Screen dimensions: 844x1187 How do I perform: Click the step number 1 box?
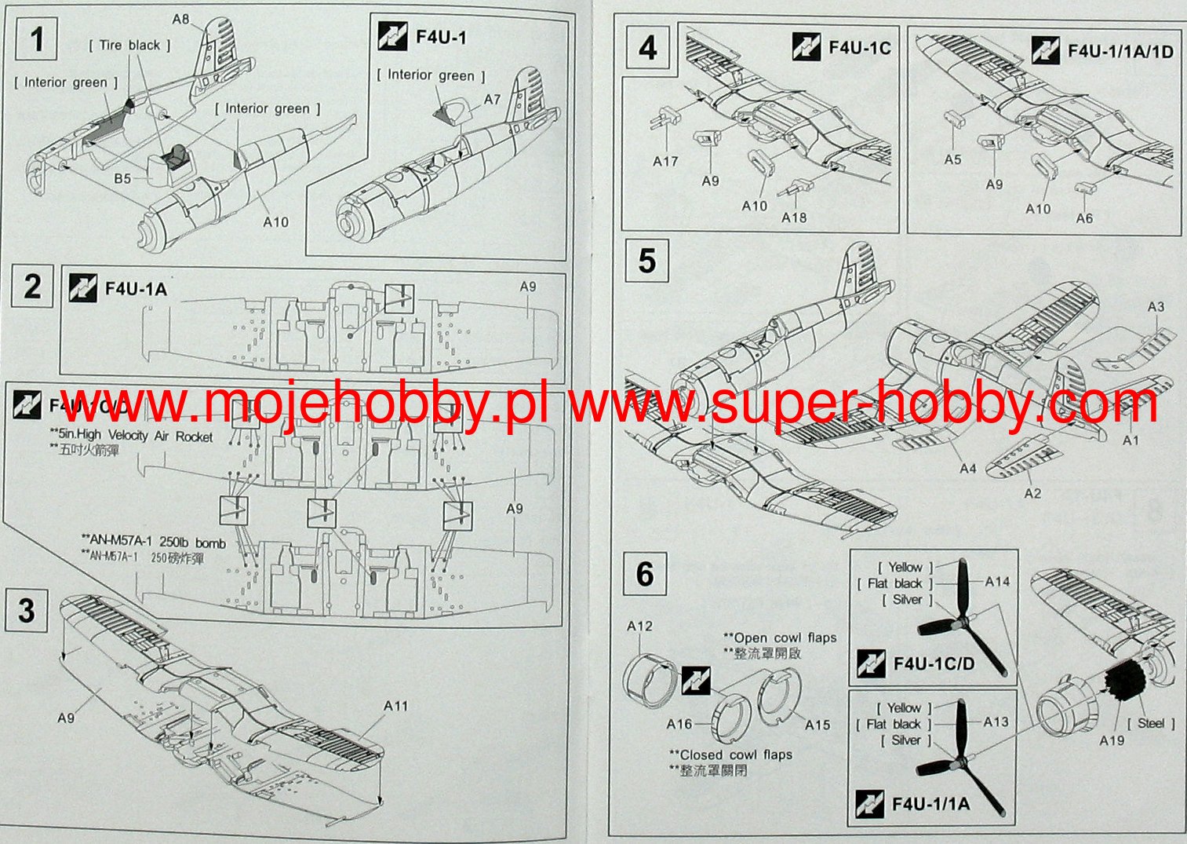click(37, 38)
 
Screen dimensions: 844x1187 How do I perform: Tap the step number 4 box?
click(647, 48)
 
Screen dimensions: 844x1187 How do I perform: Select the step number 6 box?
click(645, 573)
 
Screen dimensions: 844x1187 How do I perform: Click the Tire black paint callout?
click(129, 46)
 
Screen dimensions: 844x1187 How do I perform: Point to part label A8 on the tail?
click(181, 19)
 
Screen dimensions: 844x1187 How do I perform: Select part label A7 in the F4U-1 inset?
click(492, 100)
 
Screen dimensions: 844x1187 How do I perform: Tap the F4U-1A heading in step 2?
click(136, 289)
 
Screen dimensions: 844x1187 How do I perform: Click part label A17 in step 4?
click(665, 161)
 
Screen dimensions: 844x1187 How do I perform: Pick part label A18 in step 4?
click(793, 217)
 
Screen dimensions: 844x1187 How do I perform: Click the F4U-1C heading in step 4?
click(860, 48)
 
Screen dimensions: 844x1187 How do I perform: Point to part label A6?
click(1083, 217)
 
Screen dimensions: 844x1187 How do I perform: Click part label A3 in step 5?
click(1156, 307)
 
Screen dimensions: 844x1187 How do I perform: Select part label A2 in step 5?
click(1032, 493)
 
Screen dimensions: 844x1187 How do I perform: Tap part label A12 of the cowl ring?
click(639, 626)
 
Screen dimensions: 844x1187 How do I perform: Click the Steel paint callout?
click(1150, 723)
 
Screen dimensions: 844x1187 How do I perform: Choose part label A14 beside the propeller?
click(997, 581)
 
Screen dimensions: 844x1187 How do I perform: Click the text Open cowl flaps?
click(780, 638)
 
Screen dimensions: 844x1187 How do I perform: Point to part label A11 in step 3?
click(395, 706)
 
